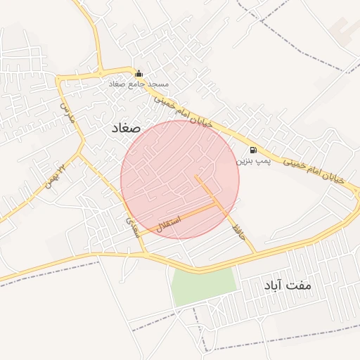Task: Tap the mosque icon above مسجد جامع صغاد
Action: [139, 73]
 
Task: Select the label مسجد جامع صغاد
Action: [139, 84]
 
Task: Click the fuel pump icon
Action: [253, 150]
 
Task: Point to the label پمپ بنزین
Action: [252, 161]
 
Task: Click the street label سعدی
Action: [132, 225]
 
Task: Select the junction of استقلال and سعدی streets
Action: [136, 234]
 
